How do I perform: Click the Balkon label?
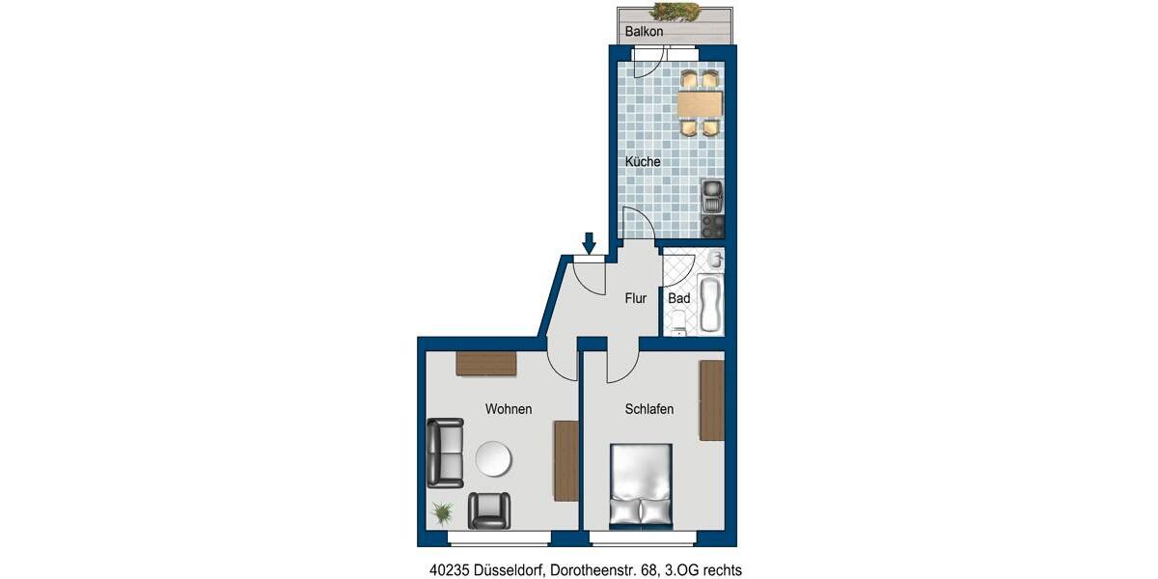(x=644, y=32)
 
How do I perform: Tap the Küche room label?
(x=643, y=162)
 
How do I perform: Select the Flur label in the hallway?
(x=635, y=298)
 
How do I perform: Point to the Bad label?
(x=679, y=298)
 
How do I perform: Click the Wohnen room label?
(x=509, y=409)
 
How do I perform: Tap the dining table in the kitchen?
(x=700, y=102)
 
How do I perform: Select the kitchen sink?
(x=712, y=196)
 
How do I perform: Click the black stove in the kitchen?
(x=712, y=227)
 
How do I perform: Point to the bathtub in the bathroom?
(x=709, y=305)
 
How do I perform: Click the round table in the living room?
(x=494, y=459)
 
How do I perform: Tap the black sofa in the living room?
(x=445, y=453)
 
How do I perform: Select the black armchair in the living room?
(x=489, y=510)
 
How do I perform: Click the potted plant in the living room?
(x=442, y=511)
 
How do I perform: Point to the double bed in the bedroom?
(x=640, y=485)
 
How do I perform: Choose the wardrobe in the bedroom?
(x=711, y=400)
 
